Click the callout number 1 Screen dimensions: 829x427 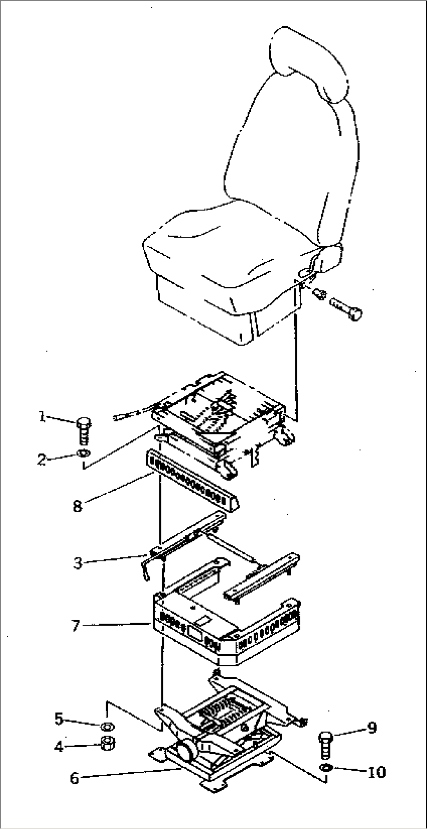(x=42, y=417)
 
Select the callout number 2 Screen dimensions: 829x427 (x=42, y=459)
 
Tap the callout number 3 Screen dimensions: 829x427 (x=78, y=563)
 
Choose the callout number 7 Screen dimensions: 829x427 (x=76, y=626)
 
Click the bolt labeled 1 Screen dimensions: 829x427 (x=84, y=430)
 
